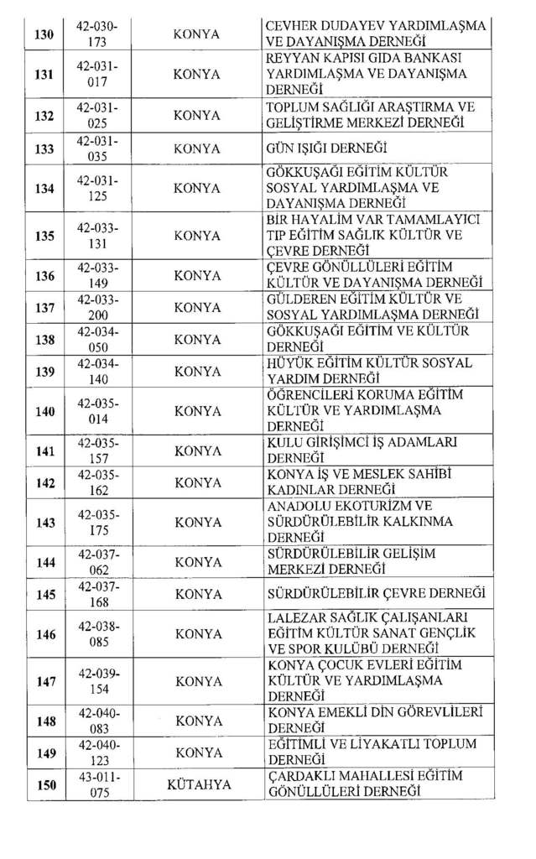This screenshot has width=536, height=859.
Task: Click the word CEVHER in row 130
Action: click(x=289, y=26)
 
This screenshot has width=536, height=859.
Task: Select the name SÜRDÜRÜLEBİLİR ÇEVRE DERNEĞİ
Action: click(x=374, y=594)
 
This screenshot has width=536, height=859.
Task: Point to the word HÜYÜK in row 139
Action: click(x=287, y=362)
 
